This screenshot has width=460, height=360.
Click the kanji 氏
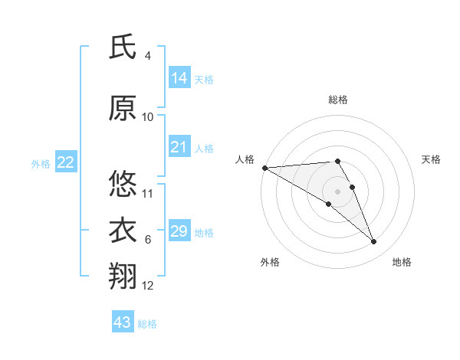(x=123, y=47)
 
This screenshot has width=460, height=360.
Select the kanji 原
(x=123, y=108)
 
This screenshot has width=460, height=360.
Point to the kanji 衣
(x=123, y=231)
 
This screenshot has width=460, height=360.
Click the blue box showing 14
(x=179, y=78)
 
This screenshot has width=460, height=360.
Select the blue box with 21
(x=179, y=147)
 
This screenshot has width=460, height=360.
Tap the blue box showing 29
(x=179, y=231)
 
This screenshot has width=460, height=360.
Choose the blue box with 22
(x=66, y=162)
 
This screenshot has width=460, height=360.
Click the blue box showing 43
(x=123, y=322)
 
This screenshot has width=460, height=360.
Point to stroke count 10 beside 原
(x=148, y=117)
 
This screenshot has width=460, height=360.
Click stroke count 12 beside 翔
(x=148, y=286)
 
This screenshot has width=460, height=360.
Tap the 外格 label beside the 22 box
(x=41, y=163)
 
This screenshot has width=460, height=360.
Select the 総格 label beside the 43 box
(x=147, y=324)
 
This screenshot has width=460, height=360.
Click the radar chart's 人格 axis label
(x=245, y=159)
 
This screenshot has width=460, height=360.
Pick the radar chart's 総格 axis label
(x=337, y=100)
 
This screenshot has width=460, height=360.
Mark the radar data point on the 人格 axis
(x=264, y=167)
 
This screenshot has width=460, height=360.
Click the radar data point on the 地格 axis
(x=374, y=242)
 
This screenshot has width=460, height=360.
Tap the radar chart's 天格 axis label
(x=431, y=159)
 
